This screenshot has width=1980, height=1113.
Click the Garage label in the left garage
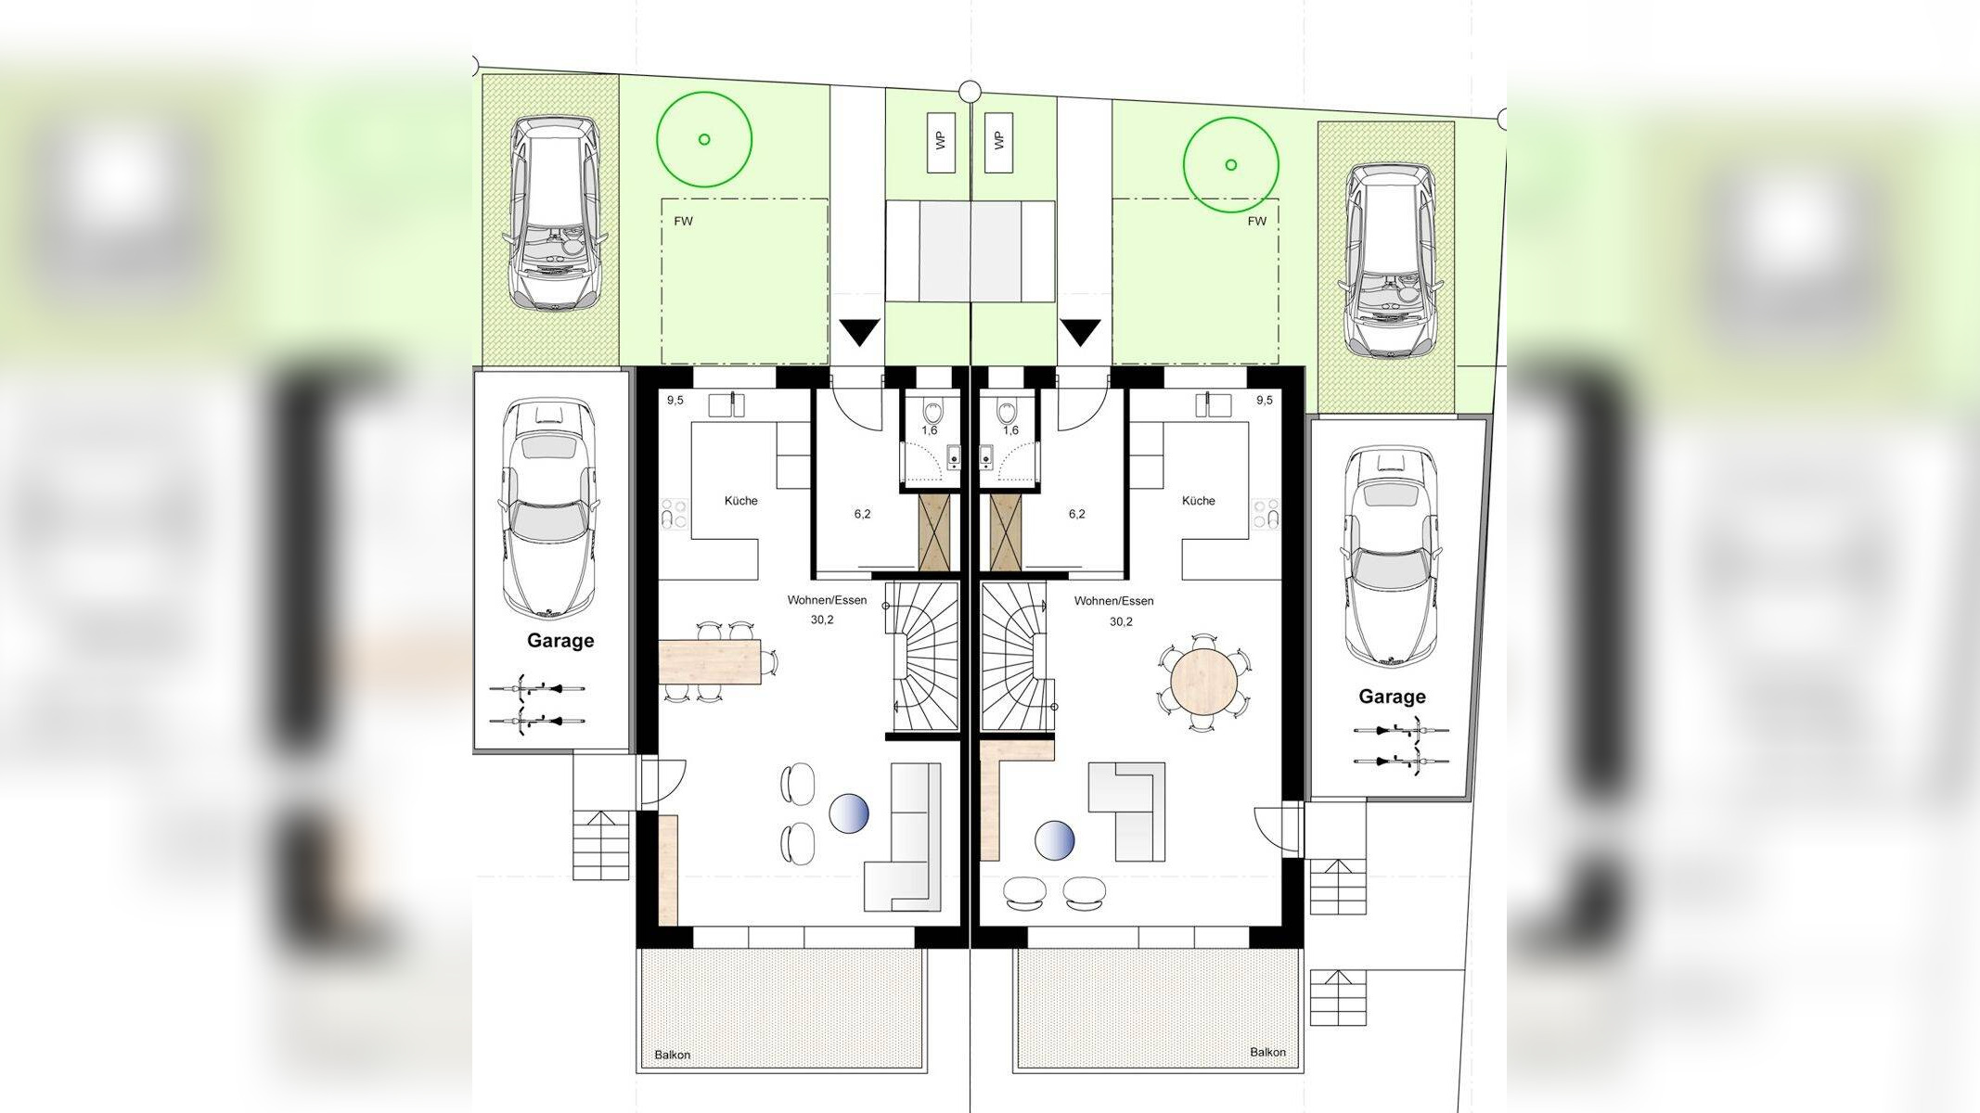click(560, 641)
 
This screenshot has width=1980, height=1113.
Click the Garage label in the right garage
click(1392, 697)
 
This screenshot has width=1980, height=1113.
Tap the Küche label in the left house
click(740, 501)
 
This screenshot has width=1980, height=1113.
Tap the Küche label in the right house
click(1198, 501)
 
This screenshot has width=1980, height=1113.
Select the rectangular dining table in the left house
click(710, 661)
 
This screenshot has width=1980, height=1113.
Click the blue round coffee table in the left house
click(849, 813)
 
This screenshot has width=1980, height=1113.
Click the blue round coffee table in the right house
click(1055, 840)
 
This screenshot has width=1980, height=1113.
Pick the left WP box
click(942, 142)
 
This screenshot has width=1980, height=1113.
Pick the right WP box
click(999, 142)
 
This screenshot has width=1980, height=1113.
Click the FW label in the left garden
click(684, 222)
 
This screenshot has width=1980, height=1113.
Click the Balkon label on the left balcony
click(673, 1055)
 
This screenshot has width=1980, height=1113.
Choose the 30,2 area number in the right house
click(1121, 621)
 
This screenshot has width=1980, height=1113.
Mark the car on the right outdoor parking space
click(1389, 262)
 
